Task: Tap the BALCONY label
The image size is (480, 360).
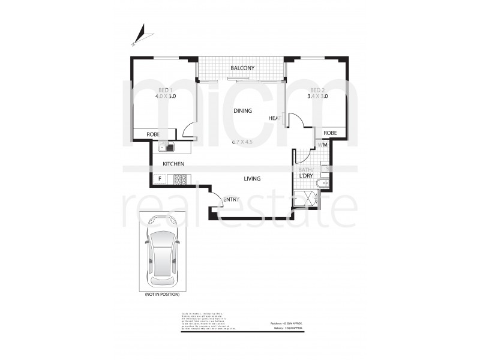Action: pos(242,68)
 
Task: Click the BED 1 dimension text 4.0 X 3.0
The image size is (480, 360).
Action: pos(164,95)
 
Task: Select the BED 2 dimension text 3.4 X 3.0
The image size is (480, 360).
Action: pos(317,95)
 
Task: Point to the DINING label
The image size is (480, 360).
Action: pos(242,110)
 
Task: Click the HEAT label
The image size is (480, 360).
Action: pos(275,118)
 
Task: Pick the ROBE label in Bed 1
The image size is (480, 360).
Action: pos(153,134)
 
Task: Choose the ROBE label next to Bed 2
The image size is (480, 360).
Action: pos(330,133)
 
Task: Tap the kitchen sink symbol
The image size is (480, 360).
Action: pos(166,146)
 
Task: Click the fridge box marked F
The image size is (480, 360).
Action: pos(160,178)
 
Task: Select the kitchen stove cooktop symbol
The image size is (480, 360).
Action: pos(181,178)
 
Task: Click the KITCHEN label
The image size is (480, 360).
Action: pos(172,164)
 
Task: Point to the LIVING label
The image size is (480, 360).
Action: pos(251,178)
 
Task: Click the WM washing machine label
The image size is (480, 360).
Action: pos(322,145)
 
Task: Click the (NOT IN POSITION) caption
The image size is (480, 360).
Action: pos(161,295)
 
